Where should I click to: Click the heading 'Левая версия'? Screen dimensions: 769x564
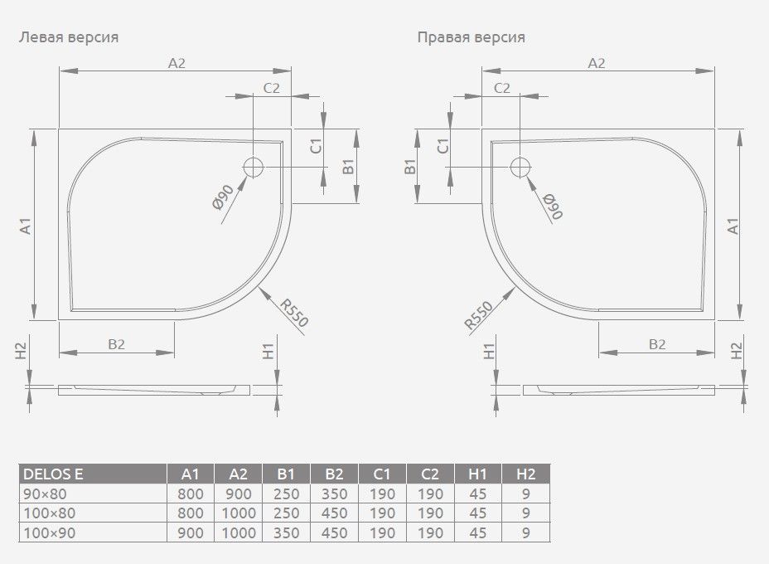coord(69,37)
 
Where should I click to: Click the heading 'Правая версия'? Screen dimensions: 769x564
coord(472,37)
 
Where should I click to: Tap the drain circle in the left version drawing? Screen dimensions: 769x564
coord(253,167)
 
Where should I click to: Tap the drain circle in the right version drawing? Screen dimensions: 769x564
coord(520,167)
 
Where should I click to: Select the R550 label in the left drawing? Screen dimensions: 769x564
coord(294,313)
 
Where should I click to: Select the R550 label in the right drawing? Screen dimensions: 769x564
coord(479,314)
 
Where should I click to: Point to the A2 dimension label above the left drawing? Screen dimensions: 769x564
coord(177,63)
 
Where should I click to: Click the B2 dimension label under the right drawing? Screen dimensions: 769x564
coord(656,344)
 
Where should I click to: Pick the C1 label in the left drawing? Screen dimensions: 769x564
coord(317,146)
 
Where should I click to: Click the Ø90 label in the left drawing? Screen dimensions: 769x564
coord(223,197)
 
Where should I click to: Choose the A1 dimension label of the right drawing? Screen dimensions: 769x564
coord(733,226)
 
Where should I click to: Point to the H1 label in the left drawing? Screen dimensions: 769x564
coord(268,352)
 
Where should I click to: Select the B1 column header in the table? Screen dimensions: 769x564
coord(286,474)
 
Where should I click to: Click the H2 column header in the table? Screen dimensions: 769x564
coord(525,474)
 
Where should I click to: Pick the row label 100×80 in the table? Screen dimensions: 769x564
coord(50,513)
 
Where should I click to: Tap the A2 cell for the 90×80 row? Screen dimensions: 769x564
coord(239,494)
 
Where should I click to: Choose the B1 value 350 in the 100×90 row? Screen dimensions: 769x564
coord(286,533)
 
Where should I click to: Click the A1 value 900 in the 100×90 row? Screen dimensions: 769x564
coord(191,533)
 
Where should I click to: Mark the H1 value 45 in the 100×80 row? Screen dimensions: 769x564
coord(477,513)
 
